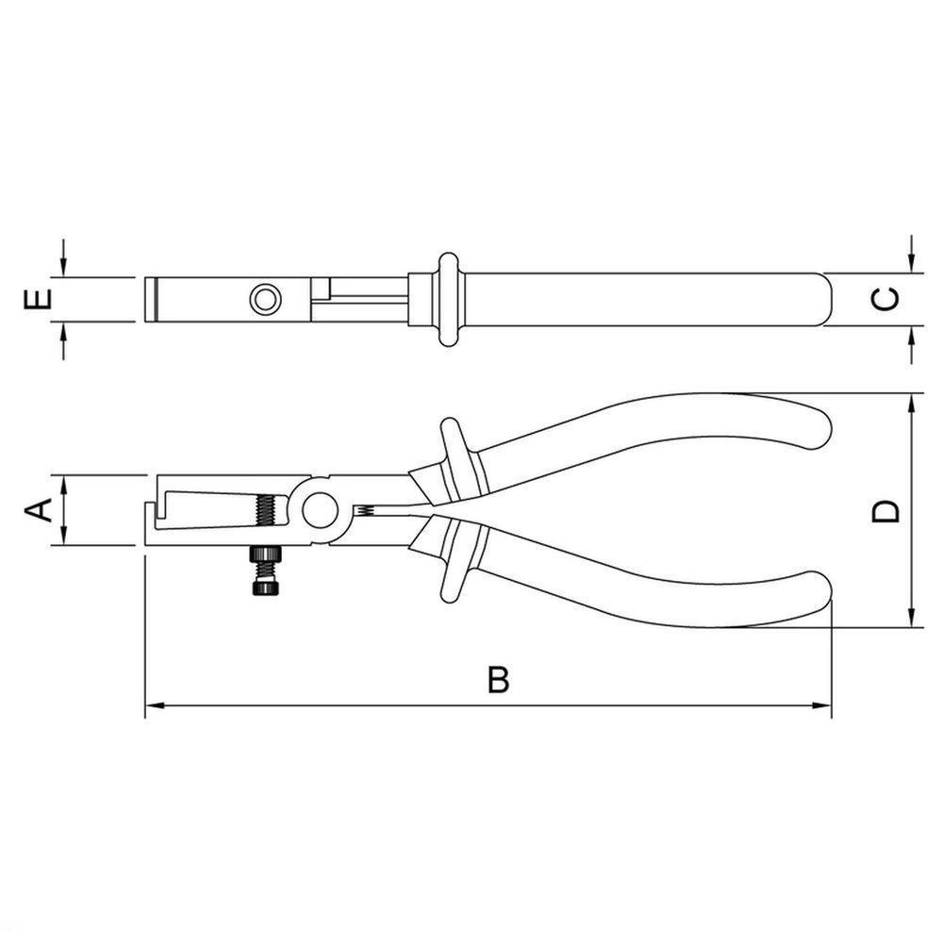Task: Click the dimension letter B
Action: (499, 680)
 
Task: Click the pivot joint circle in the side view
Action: (320, 510)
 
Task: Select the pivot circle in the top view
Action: (265, 300)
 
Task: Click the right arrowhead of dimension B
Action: (824, 704)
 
